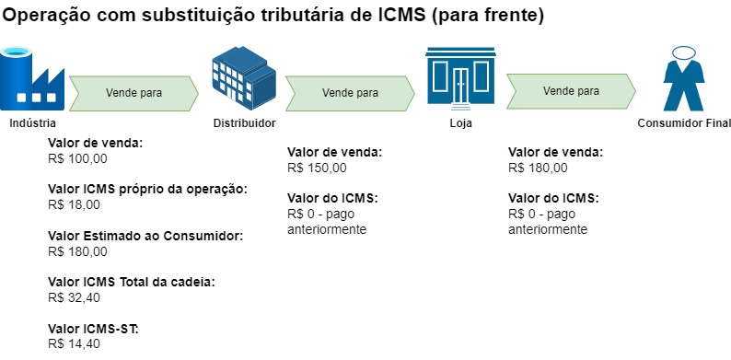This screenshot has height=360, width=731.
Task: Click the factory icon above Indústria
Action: point(30,80)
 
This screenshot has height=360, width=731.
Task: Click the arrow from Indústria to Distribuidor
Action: point(134,92)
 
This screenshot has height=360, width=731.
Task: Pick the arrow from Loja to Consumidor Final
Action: point(572,90)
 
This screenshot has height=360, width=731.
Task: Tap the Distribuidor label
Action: point(244,123)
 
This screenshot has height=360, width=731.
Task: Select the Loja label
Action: point(460,122)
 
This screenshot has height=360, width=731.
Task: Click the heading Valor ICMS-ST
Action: point(92,330)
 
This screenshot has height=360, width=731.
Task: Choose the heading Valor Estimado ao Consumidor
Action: point(145,237)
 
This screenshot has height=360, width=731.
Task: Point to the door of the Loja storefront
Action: point(460,87)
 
